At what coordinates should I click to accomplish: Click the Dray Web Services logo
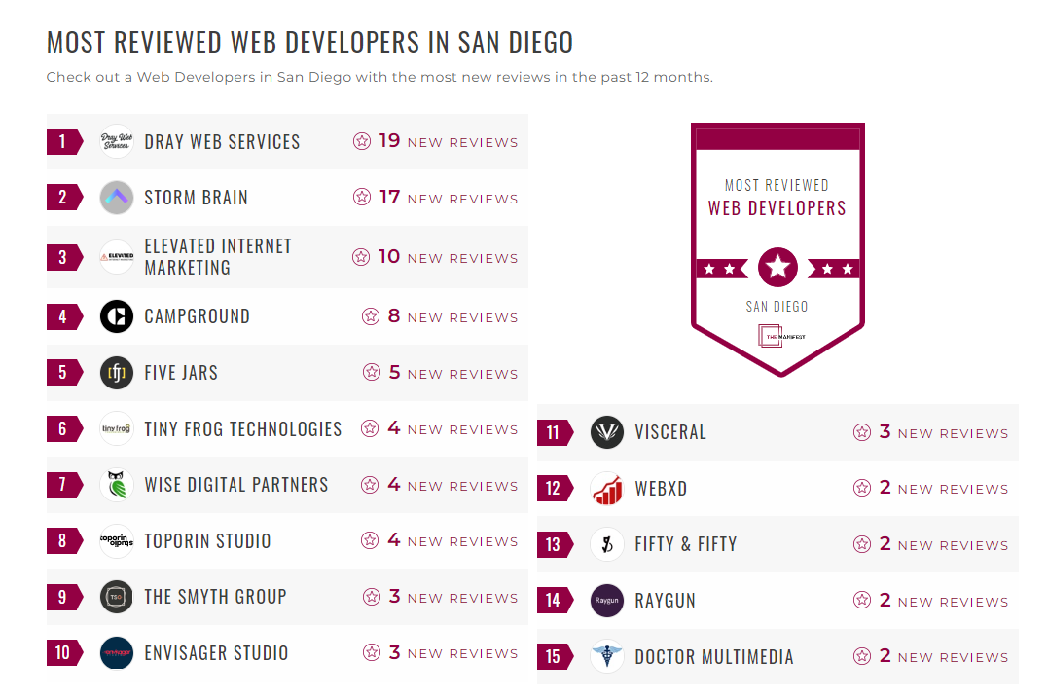[117, 142]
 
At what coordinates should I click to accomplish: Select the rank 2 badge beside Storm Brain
[63, 198]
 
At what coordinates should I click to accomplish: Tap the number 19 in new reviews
[389, 141]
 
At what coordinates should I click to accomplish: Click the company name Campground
[197, 316]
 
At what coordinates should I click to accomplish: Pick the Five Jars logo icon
[117, 373]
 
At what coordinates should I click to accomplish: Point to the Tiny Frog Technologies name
[242, 429]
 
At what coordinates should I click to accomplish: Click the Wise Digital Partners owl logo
[117, 485]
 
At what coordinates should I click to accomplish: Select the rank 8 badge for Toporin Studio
[63, 541]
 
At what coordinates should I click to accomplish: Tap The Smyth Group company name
[215, 597]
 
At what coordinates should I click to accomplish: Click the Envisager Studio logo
[117, 653]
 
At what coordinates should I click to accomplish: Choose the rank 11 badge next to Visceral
[554, 433]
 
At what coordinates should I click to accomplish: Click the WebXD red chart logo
[607, 489]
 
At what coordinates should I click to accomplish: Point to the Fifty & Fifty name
[685, 544]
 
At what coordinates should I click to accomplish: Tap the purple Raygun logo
[607, 601]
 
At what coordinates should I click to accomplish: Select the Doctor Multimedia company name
[713, 657]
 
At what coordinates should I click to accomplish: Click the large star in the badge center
[777, 267]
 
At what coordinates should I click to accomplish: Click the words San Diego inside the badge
[777, 306]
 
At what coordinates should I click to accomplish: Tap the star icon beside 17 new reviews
[362, 198]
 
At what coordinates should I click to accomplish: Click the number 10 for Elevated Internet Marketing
[389, 257]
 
